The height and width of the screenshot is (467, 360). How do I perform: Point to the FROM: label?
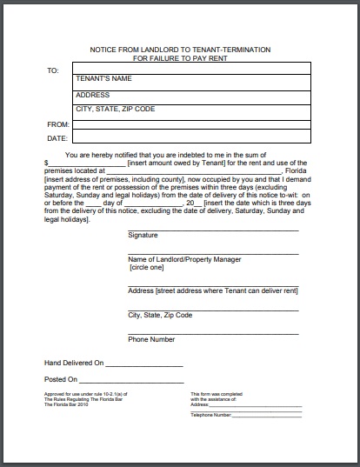57,124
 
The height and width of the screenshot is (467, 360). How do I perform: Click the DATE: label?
57,138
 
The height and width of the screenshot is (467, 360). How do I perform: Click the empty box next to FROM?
190,123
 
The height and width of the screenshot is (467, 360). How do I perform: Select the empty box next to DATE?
190,137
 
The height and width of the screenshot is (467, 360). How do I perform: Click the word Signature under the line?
143,236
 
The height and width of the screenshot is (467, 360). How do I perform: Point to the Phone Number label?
151,339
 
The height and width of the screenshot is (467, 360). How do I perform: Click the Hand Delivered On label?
74,362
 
